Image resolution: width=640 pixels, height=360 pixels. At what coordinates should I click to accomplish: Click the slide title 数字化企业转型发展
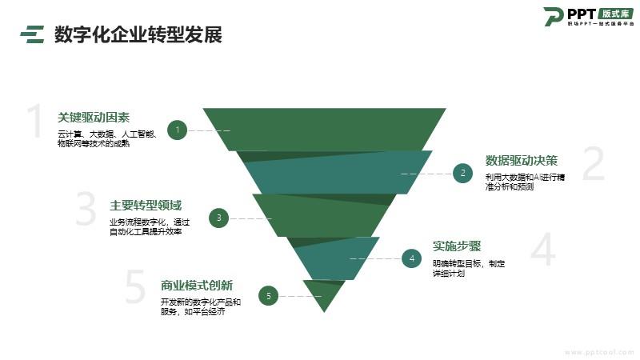[x=138, y=34]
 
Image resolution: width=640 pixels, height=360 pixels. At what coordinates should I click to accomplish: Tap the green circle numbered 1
[x=178, y=130]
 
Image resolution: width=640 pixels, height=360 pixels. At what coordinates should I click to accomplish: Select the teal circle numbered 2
[x=462, y=173]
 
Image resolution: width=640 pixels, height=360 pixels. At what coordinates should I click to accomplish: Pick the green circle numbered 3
[x=219, y=217]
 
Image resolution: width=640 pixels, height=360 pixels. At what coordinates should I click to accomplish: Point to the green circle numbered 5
[x=269, y=296]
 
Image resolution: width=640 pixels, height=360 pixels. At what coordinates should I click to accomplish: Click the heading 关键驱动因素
[x=94, y=117]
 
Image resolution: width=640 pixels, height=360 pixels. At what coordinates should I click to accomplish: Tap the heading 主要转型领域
[x=146, y=204]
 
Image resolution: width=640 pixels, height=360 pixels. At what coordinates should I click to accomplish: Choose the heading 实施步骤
[x=457, y=246]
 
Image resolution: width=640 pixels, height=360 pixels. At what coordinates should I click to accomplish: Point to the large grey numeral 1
[x=34, y=122]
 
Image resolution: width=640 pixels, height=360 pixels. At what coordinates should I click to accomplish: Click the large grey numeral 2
[x=592, y=165]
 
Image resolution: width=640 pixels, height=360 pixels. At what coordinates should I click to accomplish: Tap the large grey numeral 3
[x=86, y=210]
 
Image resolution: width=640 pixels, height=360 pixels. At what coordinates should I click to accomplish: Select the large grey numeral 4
[x=542, y=250]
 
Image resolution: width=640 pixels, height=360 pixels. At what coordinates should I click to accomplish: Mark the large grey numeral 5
[x=136, y=288]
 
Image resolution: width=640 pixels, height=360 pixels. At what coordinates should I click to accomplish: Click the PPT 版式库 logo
[x=588, y=16]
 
